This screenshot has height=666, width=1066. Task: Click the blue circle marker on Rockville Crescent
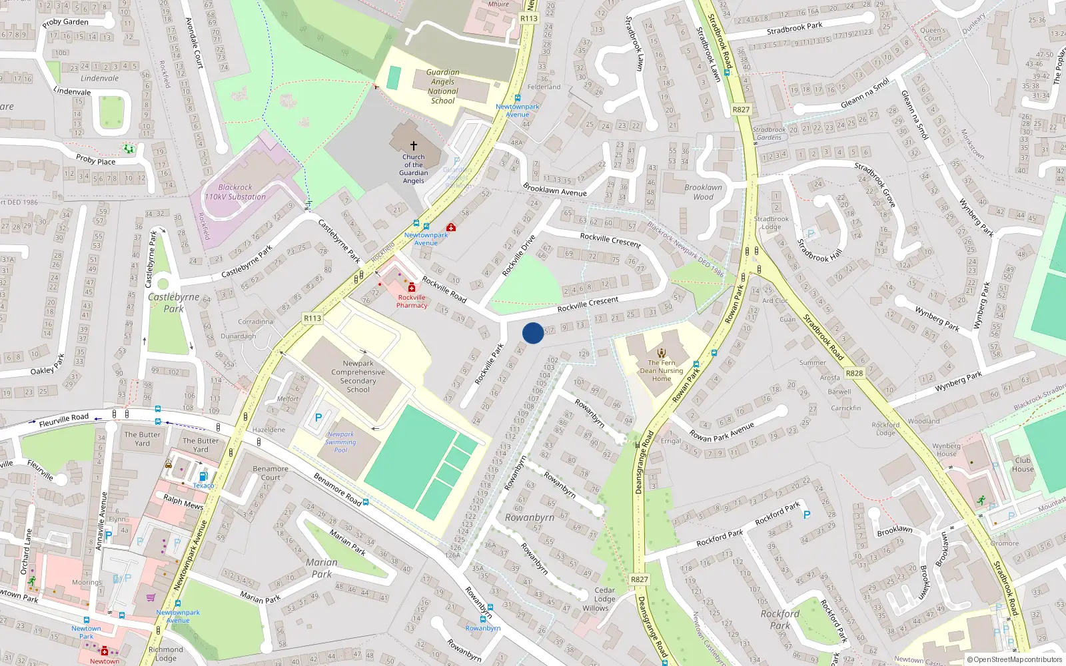pyautogui.click(x=533, y=333)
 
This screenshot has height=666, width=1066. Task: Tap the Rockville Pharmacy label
pyautogui.click(x=412, y=302)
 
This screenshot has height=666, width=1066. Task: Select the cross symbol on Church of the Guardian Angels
pyautogui.click(x=414, y=145)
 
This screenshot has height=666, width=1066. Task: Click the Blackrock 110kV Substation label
pyautogui.click(x=235, y=192)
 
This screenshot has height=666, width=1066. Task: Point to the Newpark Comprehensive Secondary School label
pyautogui.click(x=358, y=377)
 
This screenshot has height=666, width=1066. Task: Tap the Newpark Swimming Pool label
pyautogui.click(x=340, y=442)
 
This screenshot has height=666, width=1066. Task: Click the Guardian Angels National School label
pyautogui.click(x=443, y=87)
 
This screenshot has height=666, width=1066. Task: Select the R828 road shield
pyautogui.click(x=854, y=374)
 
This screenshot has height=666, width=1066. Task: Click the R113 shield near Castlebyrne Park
pyautogui.click(x=312, y=318)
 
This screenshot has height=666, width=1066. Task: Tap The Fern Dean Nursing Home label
pyautogui.click(x=662, y=371)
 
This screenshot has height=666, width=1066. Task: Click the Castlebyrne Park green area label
pyautogui.click(x=173, y=303)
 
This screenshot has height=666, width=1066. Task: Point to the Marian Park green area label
pyautogui.click(x=322, y=568)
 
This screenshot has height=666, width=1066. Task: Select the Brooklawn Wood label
pyautogui.click(x=703, y=192)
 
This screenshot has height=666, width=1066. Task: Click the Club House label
pyautogui.click(x=1023, y=465)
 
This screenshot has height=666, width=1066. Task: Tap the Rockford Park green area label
pyautogui.click(x=780, y=619)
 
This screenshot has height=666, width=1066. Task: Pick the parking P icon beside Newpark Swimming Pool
pyautogui.click(x=318, y=418)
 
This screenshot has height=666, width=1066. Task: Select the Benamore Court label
pyautogui.click(x=270, y=473)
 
